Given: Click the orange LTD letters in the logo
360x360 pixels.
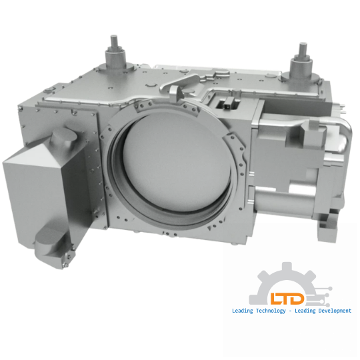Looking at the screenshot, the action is pyautogui.click(x=287, y=299).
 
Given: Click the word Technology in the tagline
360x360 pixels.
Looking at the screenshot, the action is pyautogui.click(x=271, y=311).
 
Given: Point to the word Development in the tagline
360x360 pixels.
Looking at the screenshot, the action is pyautogui.click(x=335, y=311).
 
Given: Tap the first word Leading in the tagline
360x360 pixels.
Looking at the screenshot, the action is pyautogui.click(x=243, y=311).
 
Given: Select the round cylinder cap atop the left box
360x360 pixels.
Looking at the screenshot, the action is pyautogui.click(x=63, y=135).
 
